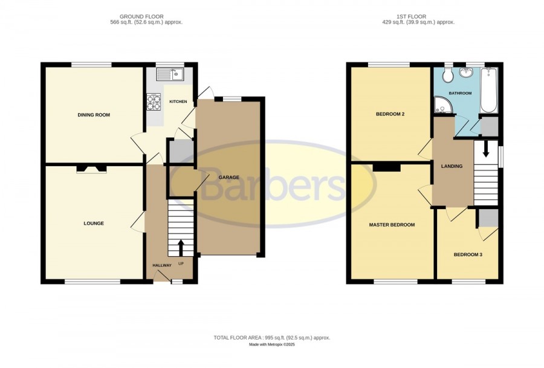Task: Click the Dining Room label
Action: [94, 115]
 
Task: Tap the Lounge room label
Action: [94, 224]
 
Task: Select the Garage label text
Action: [229, 177]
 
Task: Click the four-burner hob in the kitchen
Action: [154, 102]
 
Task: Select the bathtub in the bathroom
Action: [489, 90]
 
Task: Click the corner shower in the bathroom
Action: [442, 105]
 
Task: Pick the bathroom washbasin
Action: [466, 73]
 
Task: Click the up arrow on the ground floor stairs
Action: [181, 248]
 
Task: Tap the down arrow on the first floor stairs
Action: [486, 149]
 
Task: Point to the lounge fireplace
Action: [91, 169]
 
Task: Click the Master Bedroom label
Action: [392, 225]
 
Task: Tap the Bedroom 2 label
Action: [390, 114]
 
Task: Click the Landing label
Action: [452, 166]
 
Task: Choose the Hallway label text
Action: [162, 265]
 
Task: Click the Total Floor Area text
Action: [272, 337]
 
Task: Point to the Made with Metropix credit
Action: [272, 345]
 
